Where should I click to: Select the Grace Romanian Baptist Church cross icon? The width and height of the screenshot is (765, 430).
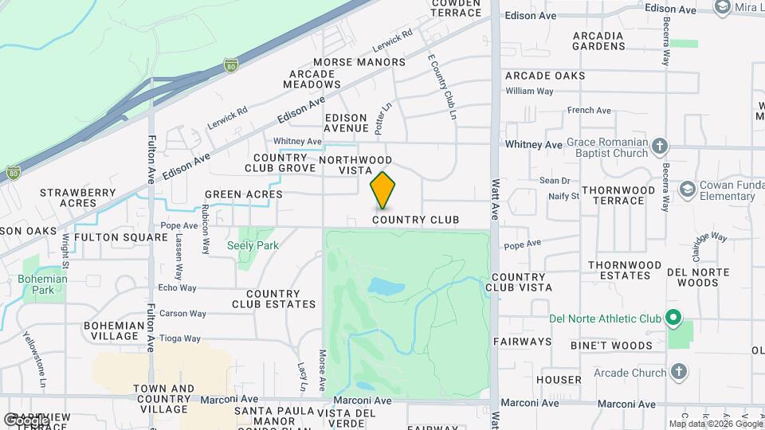659,147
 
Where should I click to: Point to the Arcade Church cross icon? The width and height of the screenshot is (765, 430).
678,372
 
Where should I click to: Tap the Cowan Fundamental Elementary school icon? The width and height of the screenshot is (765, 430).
687,189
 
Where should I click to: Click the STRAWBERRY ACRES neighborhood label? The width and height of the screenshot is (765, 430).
77,197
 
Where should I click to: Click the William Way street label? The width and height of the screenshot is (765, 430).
529,92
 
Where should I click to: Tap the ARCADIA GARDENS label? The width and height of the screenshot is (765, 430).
598,41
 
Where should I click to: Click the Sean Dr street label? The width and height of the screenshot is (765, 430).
555,181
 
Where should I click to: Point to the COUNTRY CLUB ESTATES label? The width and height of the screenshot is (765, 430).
273,299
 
